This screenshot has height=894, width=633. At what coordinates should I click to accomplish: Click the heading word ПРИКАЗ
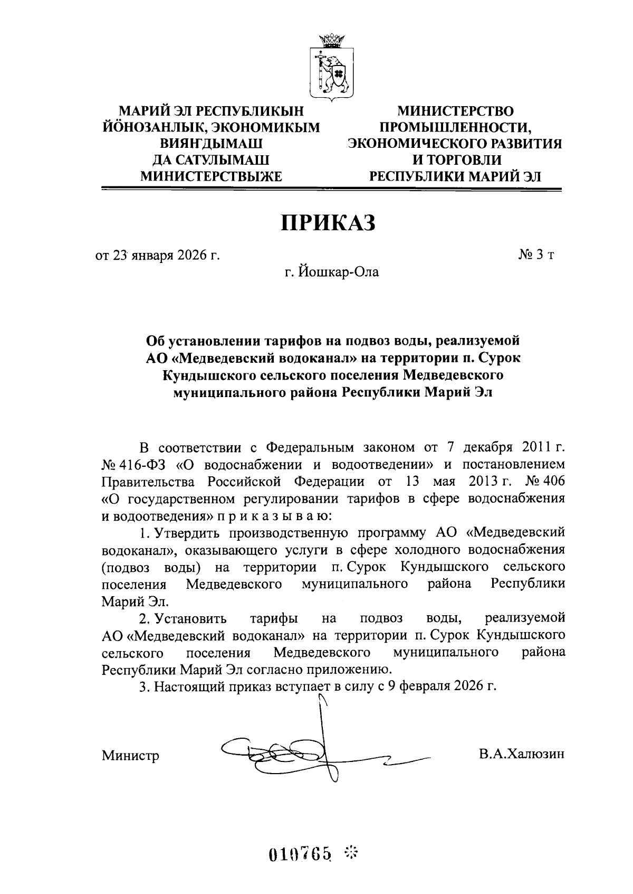(327, 222)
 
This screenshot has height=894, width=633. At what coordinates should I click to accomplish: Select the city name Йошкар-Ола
(339, 273)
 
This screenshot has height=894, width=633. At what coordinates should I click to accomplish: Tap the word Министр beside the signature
(130, 756)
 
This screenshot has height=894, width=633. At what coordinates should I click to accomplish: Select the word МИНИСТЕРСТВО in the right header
(455, 111)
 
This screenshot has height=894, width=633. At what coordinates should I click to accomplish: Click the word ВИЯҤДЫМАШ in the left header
(211, 144)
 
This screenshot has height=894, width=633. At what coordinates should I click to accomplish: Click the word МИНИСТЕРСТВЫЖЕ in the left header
(211, 176)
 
